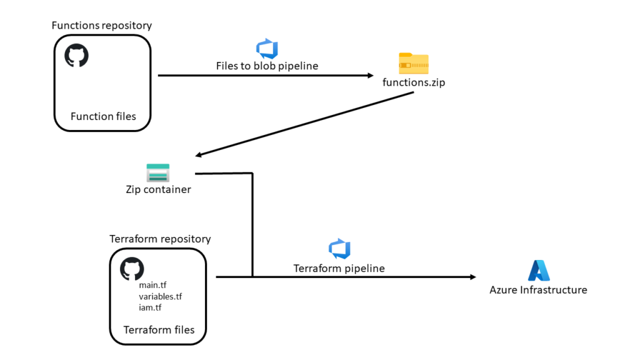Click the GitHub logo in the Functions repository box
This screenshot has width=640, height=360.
pos(76,55)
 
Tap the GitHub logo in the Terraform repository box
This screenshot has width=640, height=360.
pos(132,269)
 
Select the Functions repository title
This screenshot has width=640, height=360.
pos(102,25)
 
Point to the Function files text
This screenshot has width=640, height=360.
pos(103,116)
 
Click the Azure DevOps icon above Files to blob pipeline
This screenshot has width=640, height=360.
pos(267,49)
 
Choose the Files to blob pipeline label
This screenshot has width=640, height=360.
pos(267,66)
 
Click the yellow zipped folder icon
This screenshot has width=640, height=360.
pos(414,63)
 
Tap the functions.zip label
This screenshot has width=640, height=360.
pos(414,82)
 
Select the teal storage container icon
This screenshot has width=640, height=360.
pos(158,172)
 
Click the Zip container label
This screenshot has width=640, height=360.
pos(158,189)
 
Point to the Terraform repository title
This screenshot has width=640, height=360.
pos(160,239)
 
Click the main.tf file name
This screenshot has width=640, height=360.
pos(152,285)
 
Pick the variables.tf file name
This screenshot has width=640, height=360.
pos(161,296)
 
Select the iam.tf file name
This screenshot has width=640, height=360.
pos(150,307)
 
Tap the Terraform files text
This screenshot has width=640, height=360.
pos(159,330)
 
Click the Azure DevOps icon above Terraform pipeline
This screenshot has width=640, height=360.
pos(339,249)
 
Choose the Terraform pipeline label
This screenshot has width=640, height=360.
pos(339,268)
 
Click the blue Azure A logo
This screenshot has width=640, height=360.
pos(539,271)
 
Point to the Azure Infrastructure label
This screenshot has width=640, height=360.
pos(538,290)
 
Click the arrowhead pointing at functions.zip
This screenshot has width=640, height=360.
pos(371,76)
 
